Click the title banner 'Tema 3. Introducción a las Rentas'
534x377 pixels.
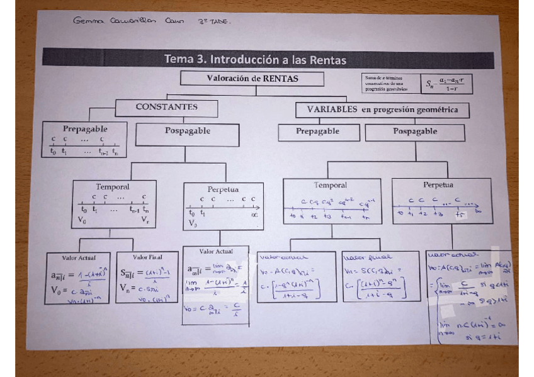(x=255, y=60)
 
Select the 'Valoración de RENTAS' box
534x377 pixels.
(x=253, y=79)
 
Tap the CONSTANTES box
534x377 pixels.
(x=166, y=107)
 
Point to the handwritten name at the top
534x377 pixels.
(x=136, y=22)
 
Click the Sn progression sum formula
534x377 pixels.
(x=448, y=84)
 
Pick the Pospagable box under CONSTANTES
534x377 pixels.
(x=188, y=132)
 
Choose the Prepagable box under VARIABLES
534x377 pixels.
(x=318, y=132)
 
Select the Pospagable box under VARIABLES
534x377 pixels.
(x=415, y=132)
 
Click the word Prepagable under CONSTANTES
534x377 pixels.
(x=84, y=128)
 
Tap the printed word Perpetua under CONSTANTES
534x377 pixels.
(x=223, y=189)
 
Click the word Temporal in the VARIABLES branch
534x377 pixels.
(x=331, y=185)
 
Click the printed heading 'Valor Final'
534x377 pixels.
(x=147, y=257)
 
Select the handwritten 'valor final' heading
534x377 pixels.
(x=361, y=257)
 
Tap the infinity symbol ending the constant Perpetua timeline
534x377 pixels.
(x=254, y=214)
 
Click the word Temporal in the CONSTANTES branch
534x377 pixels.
(x=113, y=187)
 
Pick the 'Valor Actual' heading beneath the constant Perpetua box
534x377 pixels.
(x=215, y=251)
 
